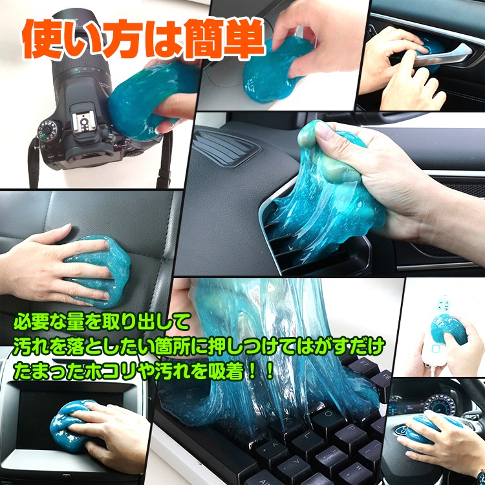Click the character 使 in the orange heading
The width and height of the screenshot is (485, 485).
[42, 39]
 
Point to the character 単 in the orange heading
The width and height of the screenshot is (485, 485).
[244, 39]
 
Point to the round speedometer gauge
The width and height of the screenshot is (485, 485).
[439, 404]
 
